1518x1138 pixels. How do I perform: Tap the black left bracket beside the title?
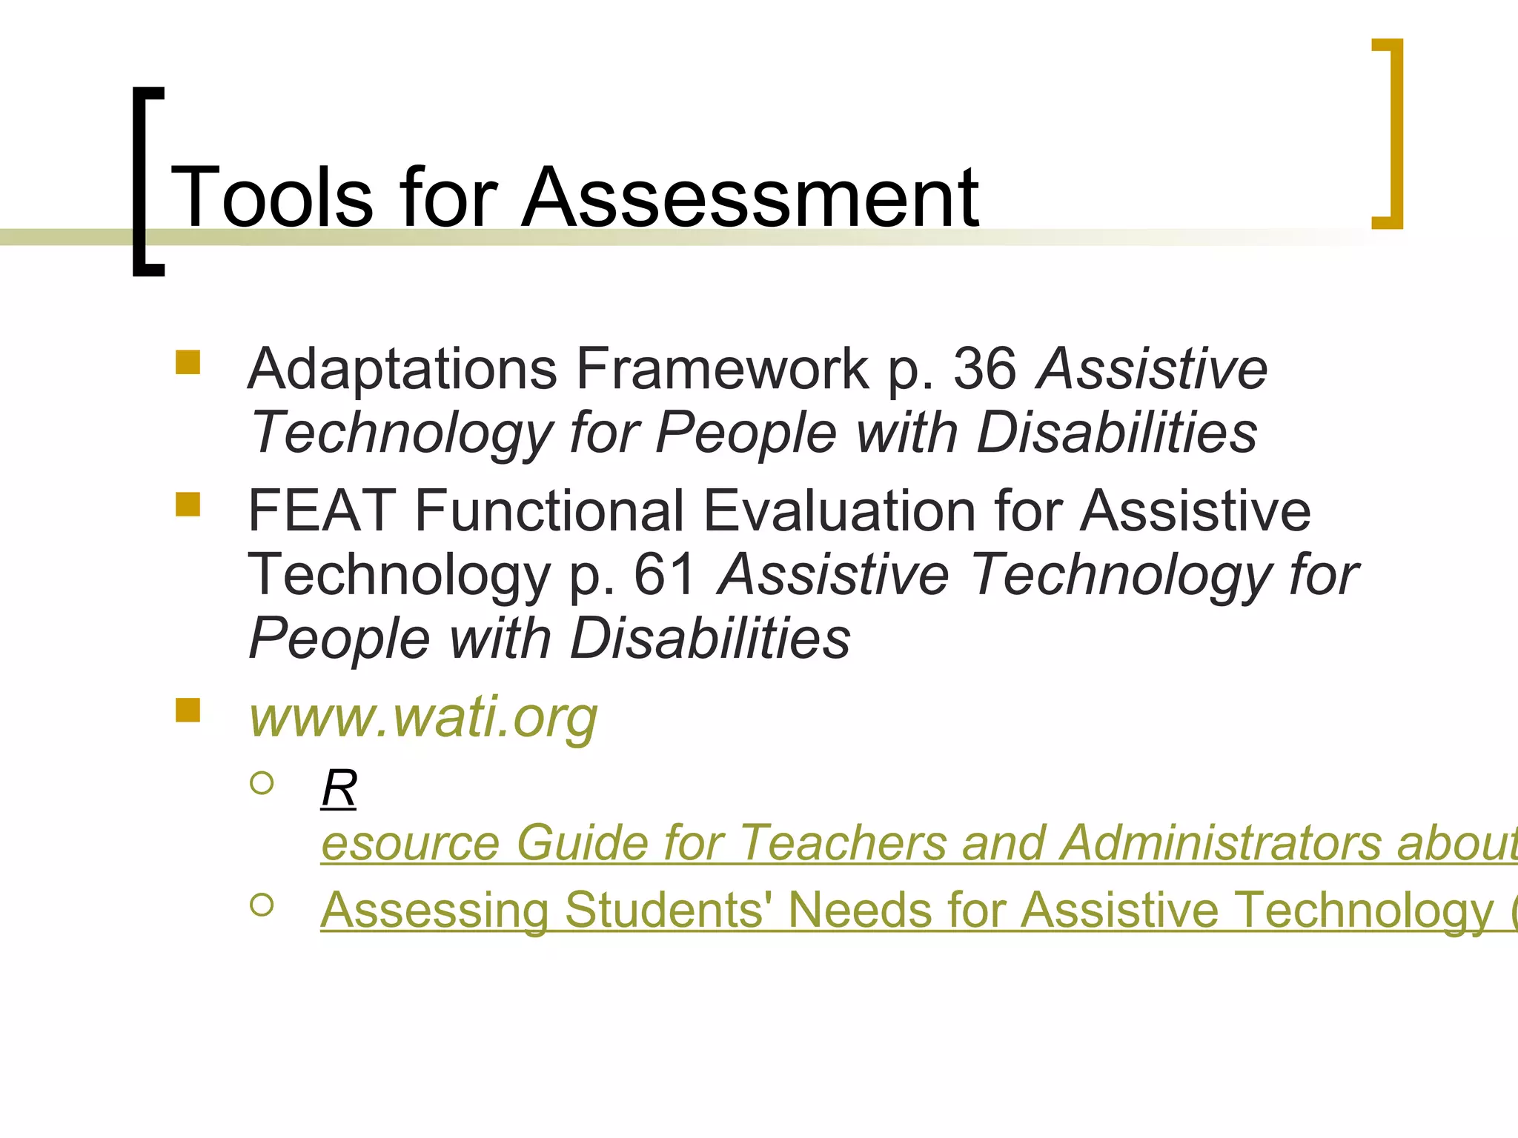pyautogui.click(x=141, y=182)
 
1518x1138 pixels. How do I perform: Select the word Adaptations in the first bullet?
pyautogui.click(x=402, y=368)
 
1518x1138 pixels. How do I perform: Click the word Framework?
pyautogui.click(x=723, y=368)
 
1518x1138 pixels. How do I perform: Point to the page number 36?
pyautogui.click(x=984, y=368)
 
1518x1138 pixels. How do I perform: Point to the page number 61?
pyautogui.click(x=665, y=574)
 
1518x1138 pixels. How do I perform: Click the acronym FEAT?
pyautogui.click(x=321, y=510)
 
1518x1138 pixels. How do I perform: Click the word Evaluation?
pyautogui.click(x=839, y=510)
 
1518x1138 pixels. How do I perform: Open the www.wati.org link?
pyautogui.click(x=423, y=717)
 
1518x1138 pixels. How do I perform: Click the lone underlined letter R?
pyautogui.click(x=339, y=788)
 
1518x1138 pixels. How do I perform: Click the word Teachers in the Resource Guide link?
pyautogui.click(x=842, y=843)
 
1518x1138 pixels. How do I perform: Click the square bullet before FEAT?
pyautogui.click(x=188, y=505)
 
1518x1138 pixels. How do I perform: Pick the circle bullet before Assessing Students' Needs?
pyautogui.click(x=262, y=904)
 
